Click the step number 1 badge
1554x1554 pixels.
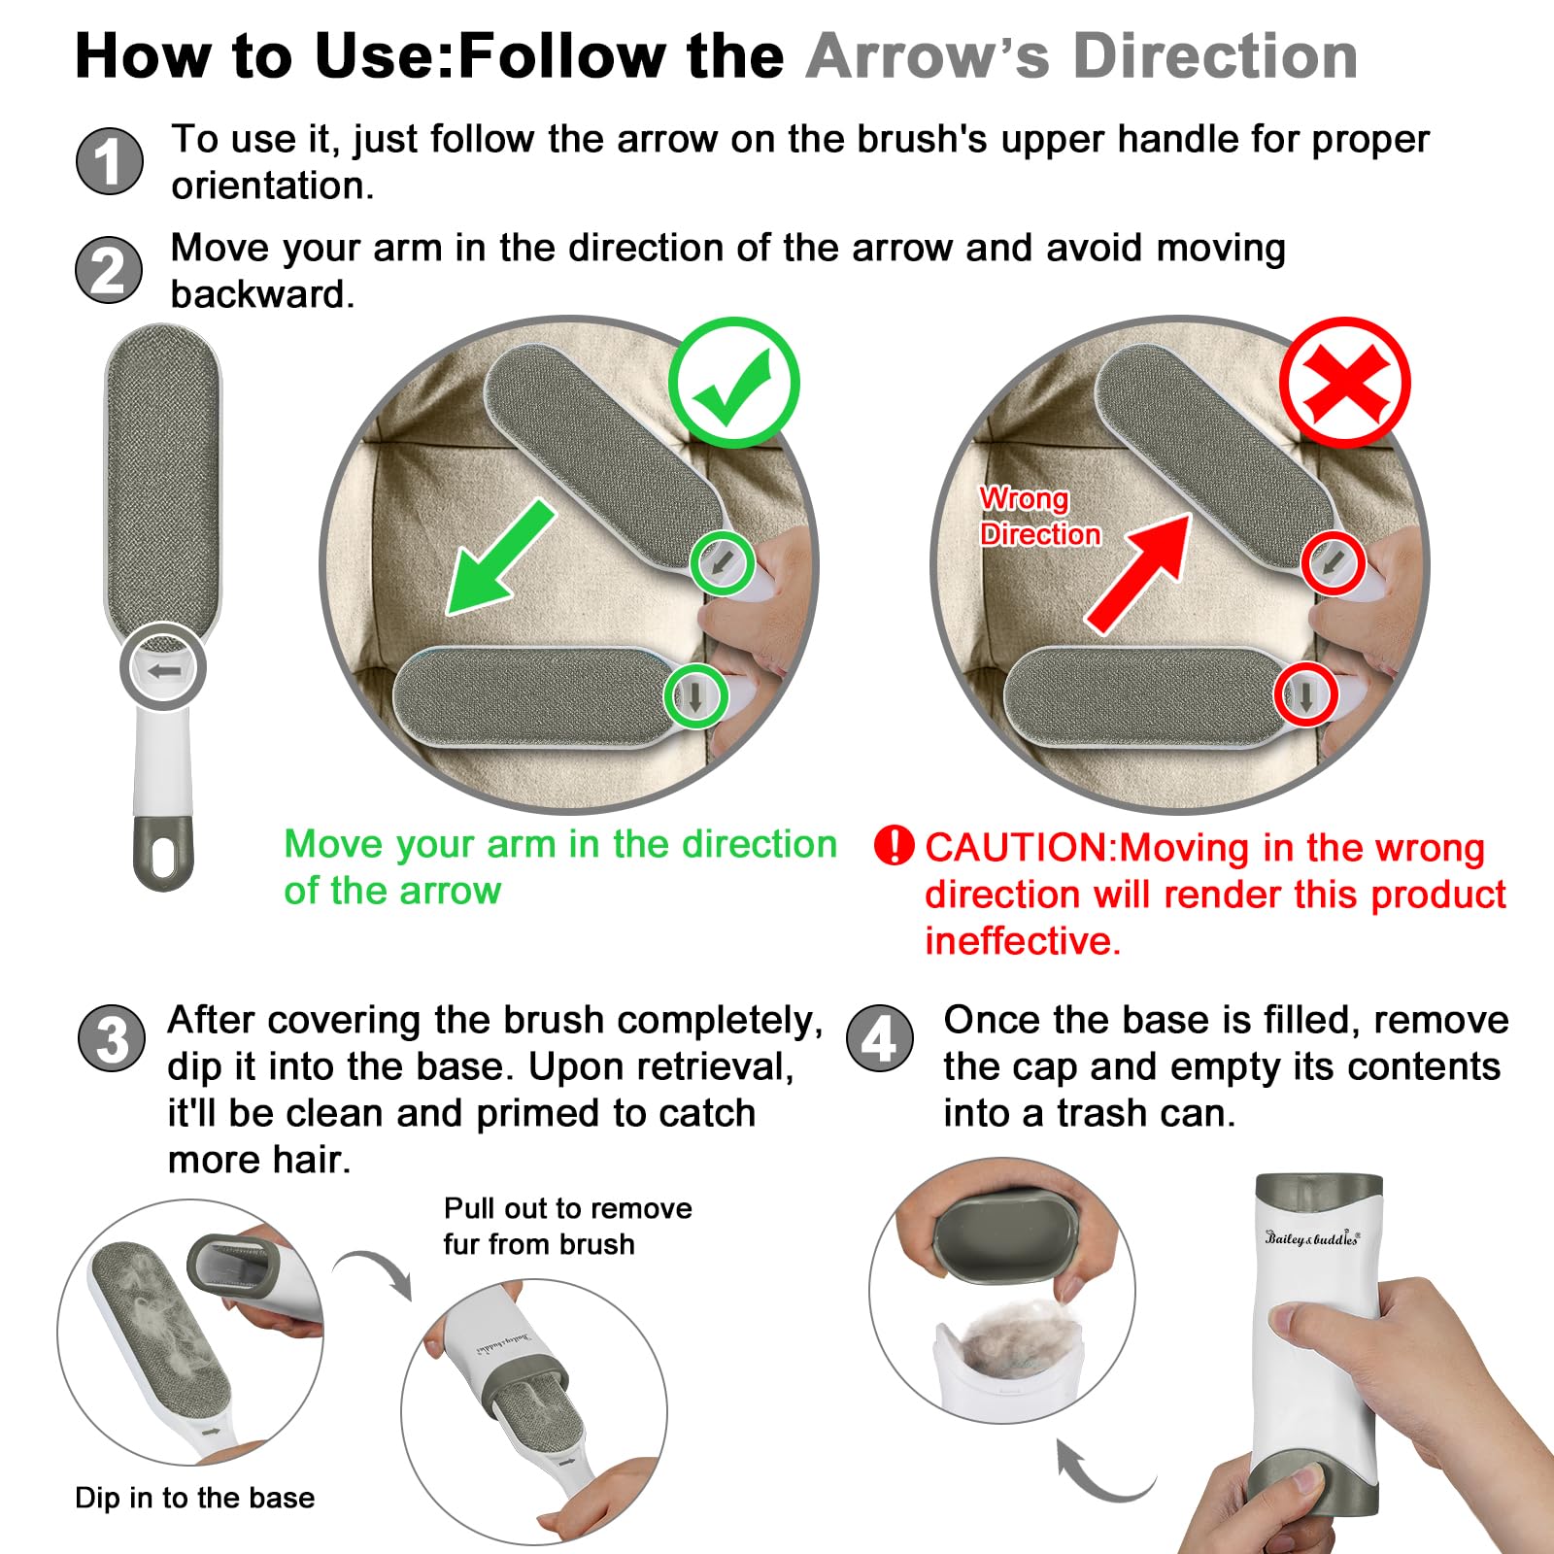tap(110, 161)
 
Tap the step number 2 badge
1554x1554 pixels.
tap(109, 270)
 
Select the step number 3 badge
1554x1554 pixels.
tap(112, 1038)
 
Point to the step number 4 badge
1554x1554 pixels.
tap(880, 1038)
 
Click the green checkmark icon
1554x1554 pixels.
tap(734, 383)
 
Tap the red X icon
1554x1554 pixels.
tap(1345, 383)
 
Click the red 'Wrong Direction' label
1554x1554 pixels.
tap(1040, 516)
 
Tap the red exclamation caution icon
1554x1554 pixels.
tap(894, 845)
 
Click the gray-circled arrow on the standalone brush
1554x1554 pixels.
tap(163, 668)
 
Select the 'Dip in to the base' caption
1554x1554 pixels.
tap(194, 1497)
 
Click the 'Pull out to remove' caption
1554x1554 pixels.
tap(568, 1208)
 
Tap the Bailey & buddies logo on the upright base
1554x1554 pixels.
tap(1312, 1238)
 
